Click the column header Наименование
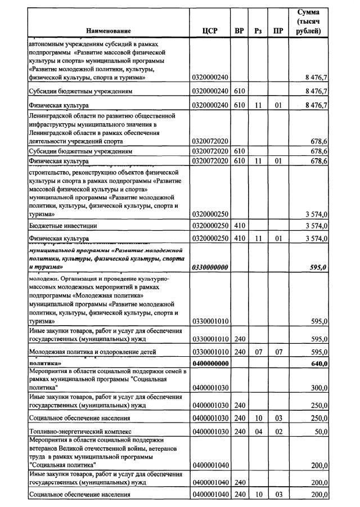pyautogui.click(x=109, y=31)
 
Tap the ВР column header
pyautogui.click(x=239, y=31)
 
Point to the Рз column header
pyautogui.click(x=258, y=31)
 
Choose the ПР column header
pyautogui.click(x=278, y=31)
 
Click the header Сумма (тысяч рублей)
pyautogui.click(x=308, y=21)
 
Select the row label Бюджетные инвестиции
pyautogui.click(x=63, y=226)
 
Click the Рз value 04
pyautogui.click(x=258, y=432)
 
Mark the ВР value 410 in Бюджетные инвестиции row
pyautogui.click(x=240, y=226)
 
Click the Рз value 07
pyautogui.click(x=258, y=352)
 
